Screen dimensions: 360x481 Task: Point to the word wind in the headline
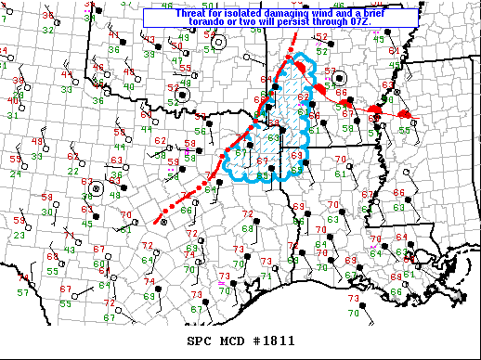(327, 13)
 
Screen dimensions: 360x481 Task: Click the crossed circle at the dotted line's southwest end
(163, 222)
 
